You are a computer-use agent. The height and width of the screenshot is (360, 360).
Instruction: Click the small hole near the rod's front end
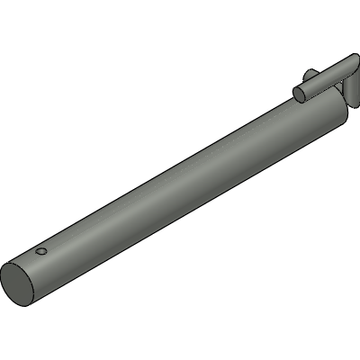[x=40, y=252]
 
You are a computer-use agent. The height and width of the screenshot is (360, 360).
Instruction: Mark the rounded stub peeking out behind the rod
[x=309, y=74]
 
